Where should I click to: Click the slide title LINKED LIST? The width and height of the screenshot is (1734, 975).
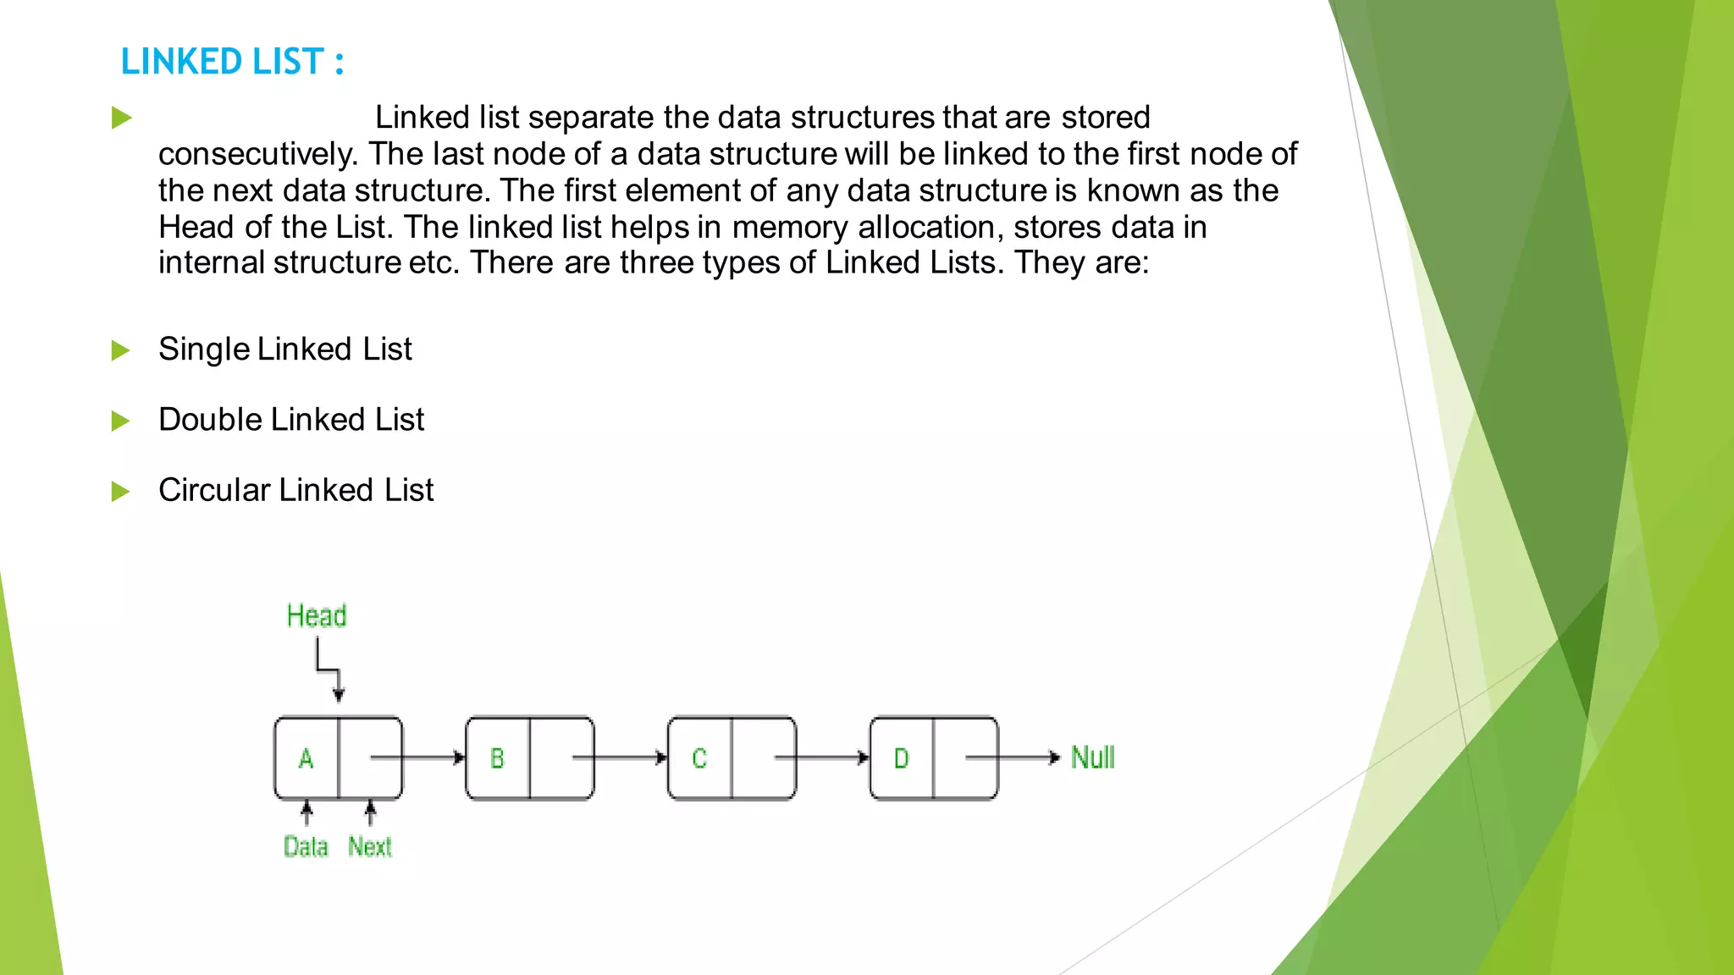tap(231, 62)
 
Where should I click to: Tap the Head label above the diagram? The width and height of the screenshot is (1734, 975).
tap(317, 615)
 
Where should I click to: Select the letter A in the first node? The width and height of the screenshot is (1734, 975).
tap(306, 758)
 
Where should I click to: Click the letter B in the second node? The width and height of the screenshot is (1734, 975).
tap(498, 758)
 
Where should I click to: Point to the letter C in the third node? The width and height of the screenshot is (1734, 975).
tap(699, 758)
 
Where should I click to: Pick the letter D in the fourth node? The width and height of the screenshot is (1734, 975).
tap(902, 758)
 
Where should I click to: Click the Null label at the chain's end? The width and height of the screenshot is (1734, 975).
tap(1093, 757)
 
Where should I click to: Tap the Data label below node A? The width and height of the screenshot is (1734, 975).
tap(306, 846)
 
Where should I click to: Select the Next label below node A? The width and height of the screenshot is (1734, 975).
tap(370, 846)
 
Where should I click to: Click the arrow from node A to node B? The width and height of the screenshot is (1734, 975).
tap(419, 757)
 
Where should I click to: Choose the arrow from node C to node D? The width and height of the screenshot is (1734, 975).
tap(821, 757)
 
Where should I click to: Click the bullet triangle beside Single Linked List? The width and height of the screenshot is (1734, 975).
tap(121, 350)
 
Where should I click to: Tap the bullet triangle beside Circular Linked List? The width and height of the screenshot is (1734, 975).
tap(121, 492)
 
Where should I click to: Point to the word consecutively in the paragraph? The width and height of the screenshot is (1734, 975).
tap(258, 154)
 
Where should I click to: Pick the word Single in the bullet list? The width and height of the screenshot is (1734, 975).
tap(204, 350)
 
